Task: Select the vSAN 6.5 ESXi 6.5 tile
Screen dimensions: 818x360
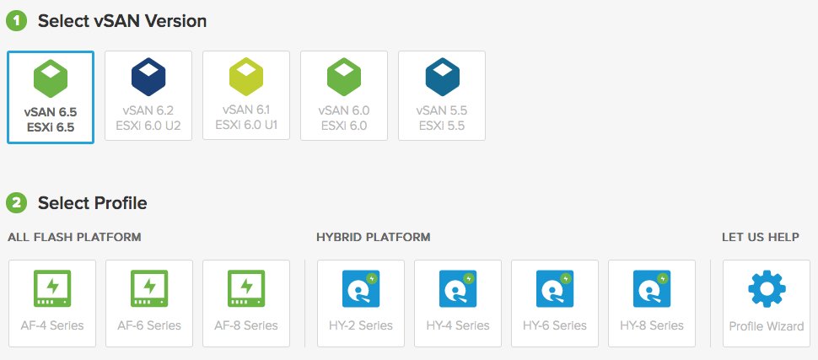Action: click(x=51, y=97)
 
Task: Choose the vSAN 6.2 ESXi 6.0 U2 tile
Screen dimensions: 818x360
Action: click(x=148, y=94)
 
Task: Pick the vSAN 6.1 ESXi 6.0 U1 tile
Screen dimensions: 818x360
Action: click(x=246, y=94)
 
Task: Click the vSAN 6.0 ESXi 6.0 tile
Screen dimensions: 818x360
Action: click(x=344, y=94)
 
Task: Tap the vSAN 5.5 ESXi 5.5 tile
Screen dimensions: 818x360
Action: click(x=441, y=94)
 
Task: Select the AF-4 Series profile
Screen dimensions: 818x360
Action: click(x=52, y=304)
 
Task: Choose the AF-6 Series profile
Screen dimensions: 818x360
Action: click(x=149, y=304)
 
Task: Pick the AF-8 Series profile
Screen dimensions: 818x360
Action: click(x=246, y=304)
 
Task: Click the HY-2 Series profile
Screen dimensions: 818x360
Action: click(x=361, y=304)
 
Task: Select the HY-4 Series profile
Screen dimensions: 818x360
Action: click(x=458, y=304)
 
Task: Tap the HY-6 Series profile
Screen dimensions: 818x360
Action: click(x=555, y=304)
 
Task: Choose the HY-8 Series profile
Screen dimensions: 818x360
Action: click(x=652, y=304)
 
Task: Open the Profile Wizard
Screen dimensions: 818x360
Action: click(x=767, y=304)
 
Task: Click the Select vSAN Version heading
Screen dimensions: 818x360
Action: click(x=122, y=20)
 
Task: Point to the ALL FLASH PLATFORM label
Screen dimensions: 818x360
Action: click(x=74, y=238)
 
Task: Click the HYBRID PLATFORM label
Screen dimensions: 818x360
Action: click(x=373, y=238)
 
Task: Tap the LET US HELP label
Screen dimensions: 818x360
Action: click(x=760, y=238)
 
